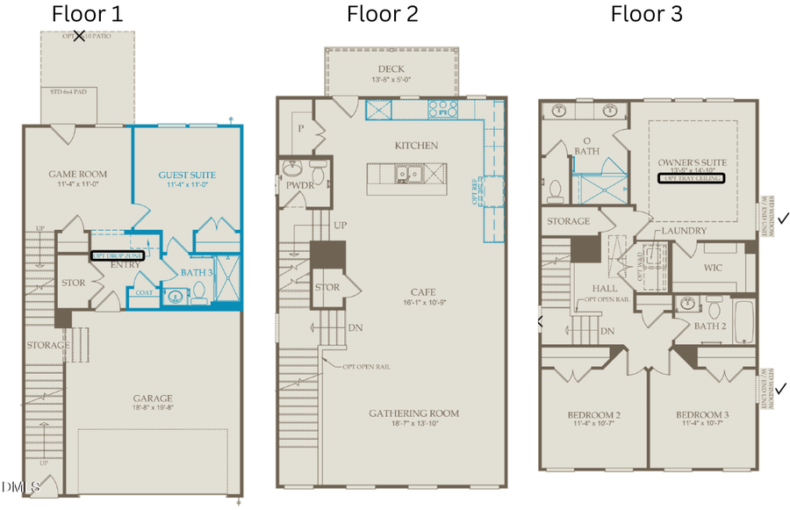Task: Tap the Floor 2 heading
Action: point(383,14)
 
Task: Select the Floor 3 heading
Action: point(647,14)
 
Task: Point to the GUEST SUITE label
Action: point(186,175)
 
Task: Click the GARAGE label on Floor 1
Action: point(153,398)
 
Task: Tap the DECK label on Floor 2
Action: point(391,69)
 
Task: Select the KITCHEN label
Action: point(416,146)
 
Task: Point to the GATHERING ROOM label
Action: point(413,413)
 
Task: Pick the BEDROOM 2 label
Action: point(592,414)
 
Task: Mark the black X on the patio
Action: point(80,36)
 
